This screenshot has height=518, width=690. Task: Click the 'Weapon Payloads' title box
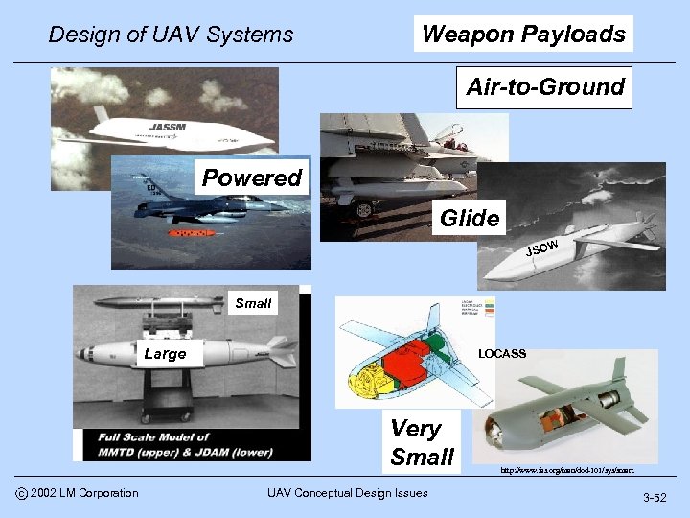(523, 35)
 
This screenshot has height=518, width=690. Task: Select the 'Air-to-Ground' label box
(544, 87)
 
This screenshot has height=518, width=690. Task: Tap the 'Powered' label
(251, 177)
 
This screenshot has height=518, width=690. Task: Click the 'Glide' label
(470, 219)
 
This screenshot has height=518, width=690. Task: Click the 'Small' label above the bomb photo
(253, 303)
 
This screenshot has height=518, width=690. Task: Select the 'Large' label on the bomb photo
(164, 354)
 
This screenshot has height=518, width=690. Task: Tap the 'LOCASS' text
(502, 354)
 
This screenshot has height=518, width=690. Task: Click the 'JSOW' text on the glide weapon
(541, 248)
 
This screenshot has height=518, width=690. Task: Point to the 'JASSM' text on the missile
(168, 127)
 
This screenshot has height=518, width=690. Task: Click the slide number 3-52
(655, 498)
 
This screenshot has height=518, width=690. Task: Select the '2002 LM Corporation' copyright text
(83, 493)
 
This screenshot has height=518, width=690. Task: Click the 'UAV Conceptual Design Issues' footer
(348, 493)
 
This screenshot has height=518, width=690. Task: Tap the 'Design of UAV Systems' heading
(171, 35)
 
